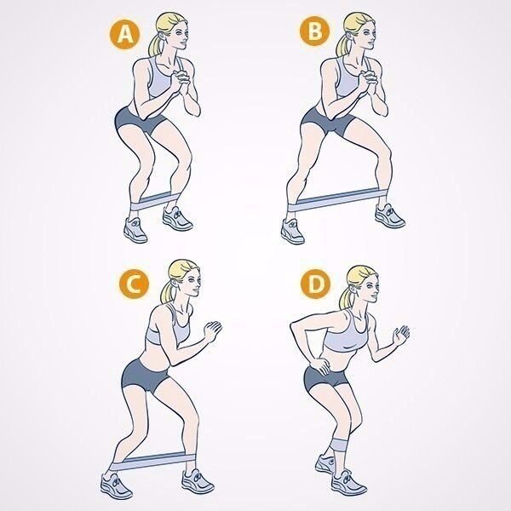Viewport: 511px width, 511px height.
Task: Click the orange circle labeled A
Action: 124,34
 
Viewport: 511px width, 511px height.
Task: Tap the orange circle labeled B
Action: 314,31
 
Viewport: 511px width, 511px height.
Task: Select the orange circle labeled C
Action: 134,283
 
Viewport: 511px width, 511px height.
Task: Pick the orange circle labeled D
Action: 315,284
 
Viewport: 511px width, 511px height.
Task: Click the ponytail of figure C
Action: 168,291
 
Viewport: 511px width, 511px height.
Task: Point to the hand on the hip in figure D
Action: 320,365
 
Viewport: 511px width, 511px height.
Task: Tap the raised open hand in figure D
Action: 401,335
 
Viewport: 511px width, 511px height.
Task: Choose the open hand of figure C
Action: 213,330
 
